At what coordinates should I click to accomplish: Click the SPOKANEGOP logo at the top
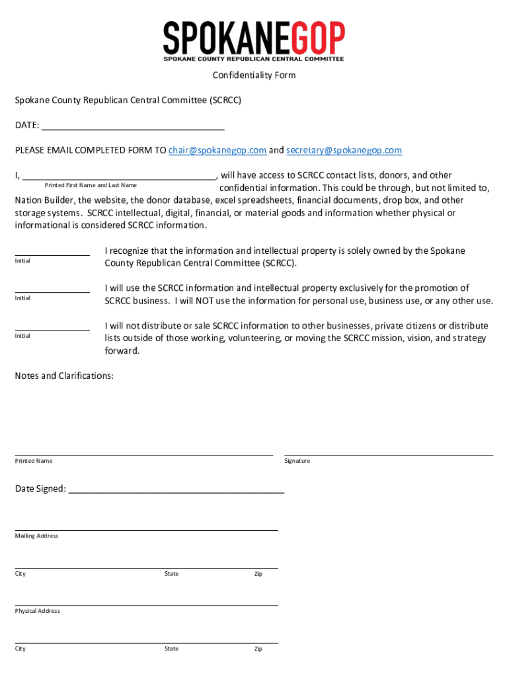coord(254,41)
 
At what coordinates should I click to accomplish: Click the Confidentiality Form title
coord(254,75)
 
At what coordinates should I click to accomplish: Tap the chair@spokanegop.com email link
coord(217,150)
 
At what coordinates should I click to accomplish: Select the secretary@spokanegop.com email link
coord(344,150)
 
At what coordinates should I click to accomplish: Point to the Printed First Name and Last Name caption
coord(91,185)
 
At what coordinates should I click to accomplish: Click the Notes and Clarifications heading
coord(64,376)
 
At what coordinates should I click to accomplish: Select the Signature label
coord(297,461)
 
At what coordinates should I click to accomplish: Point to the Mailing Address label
coord(37,536)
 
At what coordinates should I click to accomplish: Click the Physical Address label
coord(38,611)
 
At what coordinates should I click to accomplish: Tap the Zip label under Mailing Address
coord(258,574)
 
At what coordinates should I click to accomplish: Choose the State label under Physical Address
coord(171,649)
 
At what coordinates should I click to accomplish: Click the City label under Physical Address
coord(20,649)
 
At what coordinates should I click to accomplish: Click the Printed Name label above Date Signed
coord(34,461)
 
